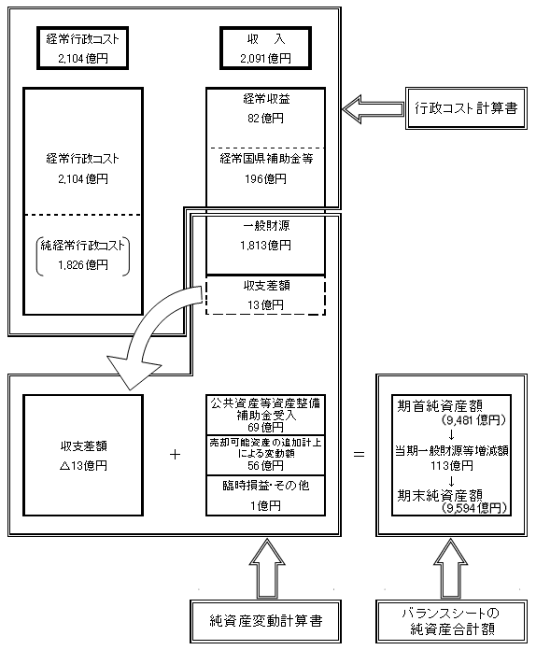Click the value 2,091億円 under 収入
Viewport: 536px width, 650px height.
[264, 59]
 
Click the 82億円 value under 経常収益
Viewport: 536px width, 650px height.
[264, 119]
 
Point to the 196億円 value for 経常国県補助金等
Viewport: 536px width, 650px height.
[264, 178]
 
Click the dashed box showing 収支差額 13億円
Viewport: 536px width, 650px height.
[264, 295]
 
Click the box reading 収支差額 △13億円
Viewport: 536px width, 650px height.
[82, 455]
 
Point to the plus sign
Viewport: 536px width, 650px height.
[175, 455]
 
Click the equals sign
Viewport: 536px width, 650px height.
[358, 455]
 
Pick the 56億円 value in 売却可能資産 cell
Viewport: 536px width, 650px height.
[264, 465]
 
